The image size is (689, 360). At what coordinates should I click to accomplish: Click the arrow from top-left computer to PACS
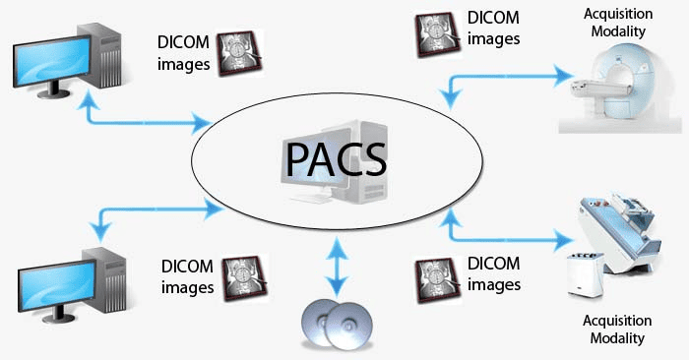pos(148,120)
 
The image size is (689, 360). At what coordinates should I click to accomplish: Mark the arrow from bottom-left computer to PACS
pos(153,208)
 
